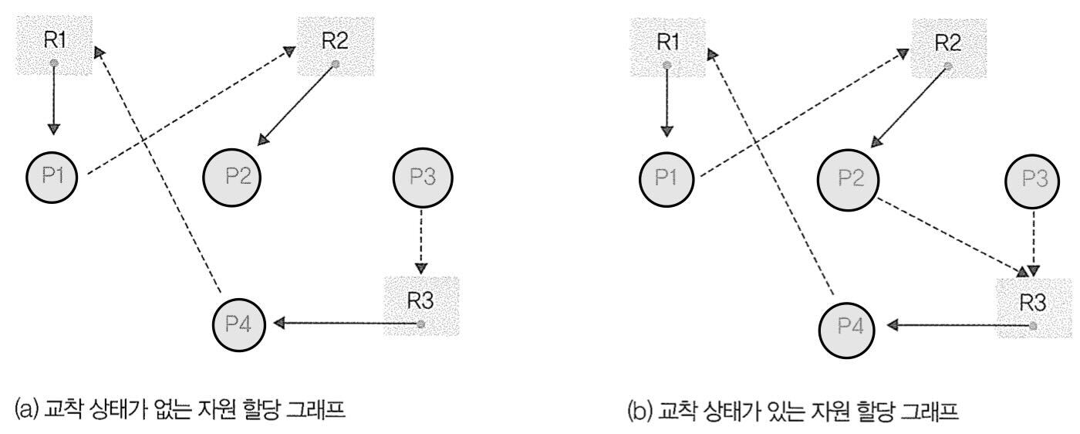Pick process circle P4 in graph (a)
pyautogui.click(x=239, y=322)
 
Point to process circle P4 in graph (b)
pyautogui.click(x=849, y=327)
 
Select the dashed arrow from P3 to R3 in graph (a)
pyautogui.click(x=420, y=239)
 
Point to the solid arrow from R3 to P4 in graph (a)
pyautogui.click(x=347, y=323)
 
